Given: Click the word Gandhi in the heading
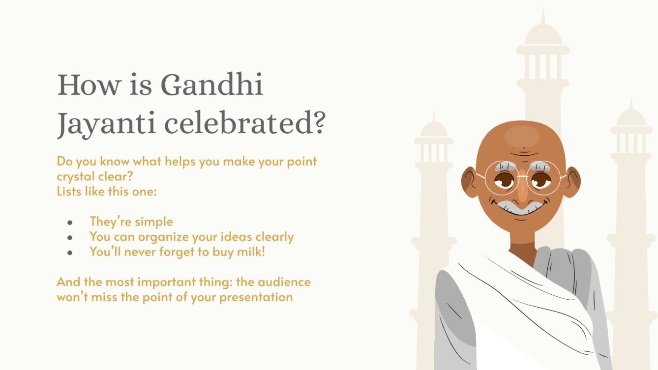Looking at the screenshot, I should pos(212,85).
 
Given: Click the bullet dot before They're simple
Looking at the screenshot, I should pos(70,223).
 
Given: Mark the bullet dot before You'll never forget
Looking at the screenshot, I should pos(70,253).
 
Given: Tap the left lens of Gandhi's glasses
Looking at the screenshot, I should pos(502,178).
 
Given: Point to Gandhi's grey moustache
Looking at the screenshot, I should pos(521,205).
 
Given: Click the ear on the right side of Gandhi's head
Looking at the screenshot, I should pos(571,182).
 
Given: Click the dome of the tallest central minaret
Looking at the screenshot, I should pos(543,34).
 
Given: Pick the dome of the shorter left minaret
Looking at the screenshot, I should pos(434,129).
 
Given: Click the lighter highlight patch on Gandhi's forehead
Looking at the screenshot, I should pos(522,135).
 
